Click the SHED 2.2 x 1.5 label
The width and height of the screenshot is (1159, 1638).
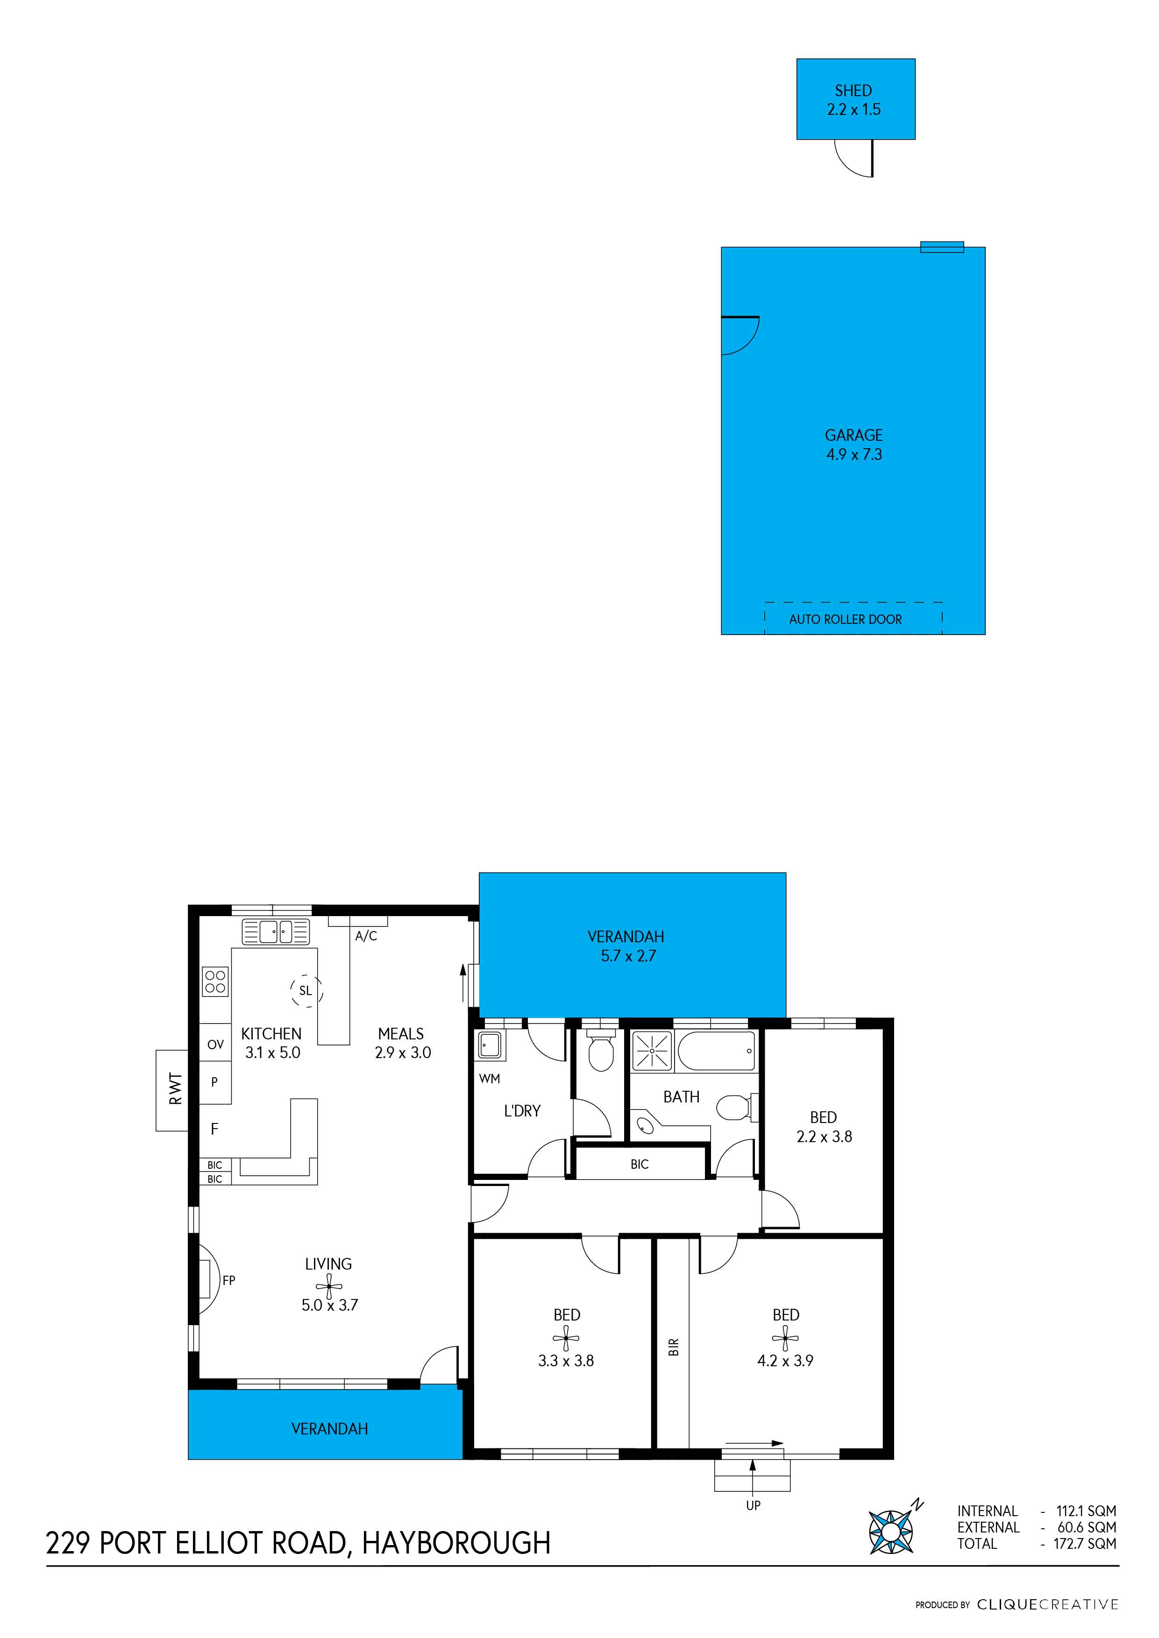853,100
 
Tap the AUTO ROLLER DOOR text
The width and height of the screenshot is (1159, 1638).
845,619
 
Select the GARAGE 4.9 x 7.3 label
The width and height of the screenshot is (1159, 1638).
853,445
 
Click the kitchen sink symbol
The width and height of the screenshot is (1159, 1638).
276,932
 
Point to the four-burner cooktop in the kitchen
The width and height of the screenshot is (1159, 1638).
215,981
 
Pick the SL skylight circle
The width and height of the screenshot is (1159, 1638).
306,990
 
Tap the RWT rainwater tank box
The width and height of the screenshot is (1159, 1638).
172,1089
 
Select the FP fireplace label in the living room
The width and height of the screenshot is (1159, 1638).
228,1280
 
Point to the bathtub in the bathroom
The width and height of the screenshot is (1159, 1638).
716,1051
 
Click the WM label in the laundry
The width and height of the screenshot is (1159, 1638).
490,1079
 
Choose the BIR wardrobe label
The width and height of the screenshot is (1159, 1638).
674,1346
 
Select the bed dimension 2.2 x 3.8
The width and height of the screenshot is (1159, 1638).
825,1137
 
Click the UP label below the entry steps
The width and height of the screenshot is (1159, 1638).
753,1505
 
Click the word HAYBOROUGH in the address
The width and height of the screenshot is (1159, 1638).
456,1543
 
